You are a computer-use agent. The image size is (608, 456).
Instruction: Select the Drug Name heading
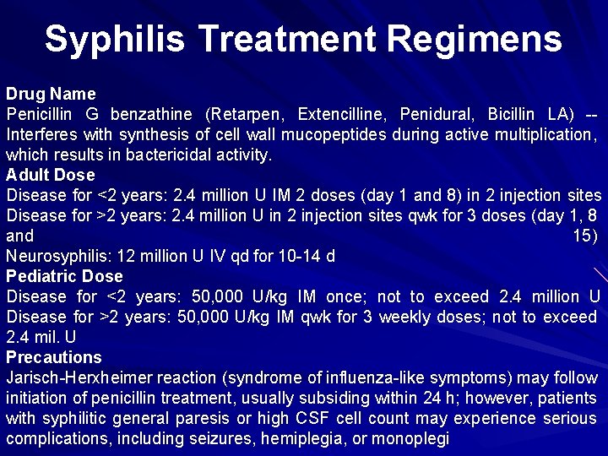click(x=51, y=94)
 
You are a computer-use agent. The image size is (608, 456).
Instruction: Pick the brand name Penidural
click(x=437, y=114)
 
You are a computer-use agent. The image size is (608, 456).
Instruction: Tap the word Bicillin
click(x=510, y=114)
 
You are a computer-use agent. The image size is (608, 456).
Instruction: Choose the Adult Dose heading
click(x=51, y=175)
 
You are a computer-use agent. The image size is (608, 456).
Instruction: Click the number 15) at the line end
click(x=585, y=236)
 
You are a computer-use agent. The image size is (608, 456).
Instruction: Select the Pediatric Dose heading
click(x=64, y=276)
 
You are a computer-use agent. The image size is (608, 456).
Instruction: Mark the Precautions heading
click(x=53, y=357)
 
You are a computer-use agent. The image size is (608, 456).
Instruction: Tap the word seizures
click(x=222, y=438)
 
